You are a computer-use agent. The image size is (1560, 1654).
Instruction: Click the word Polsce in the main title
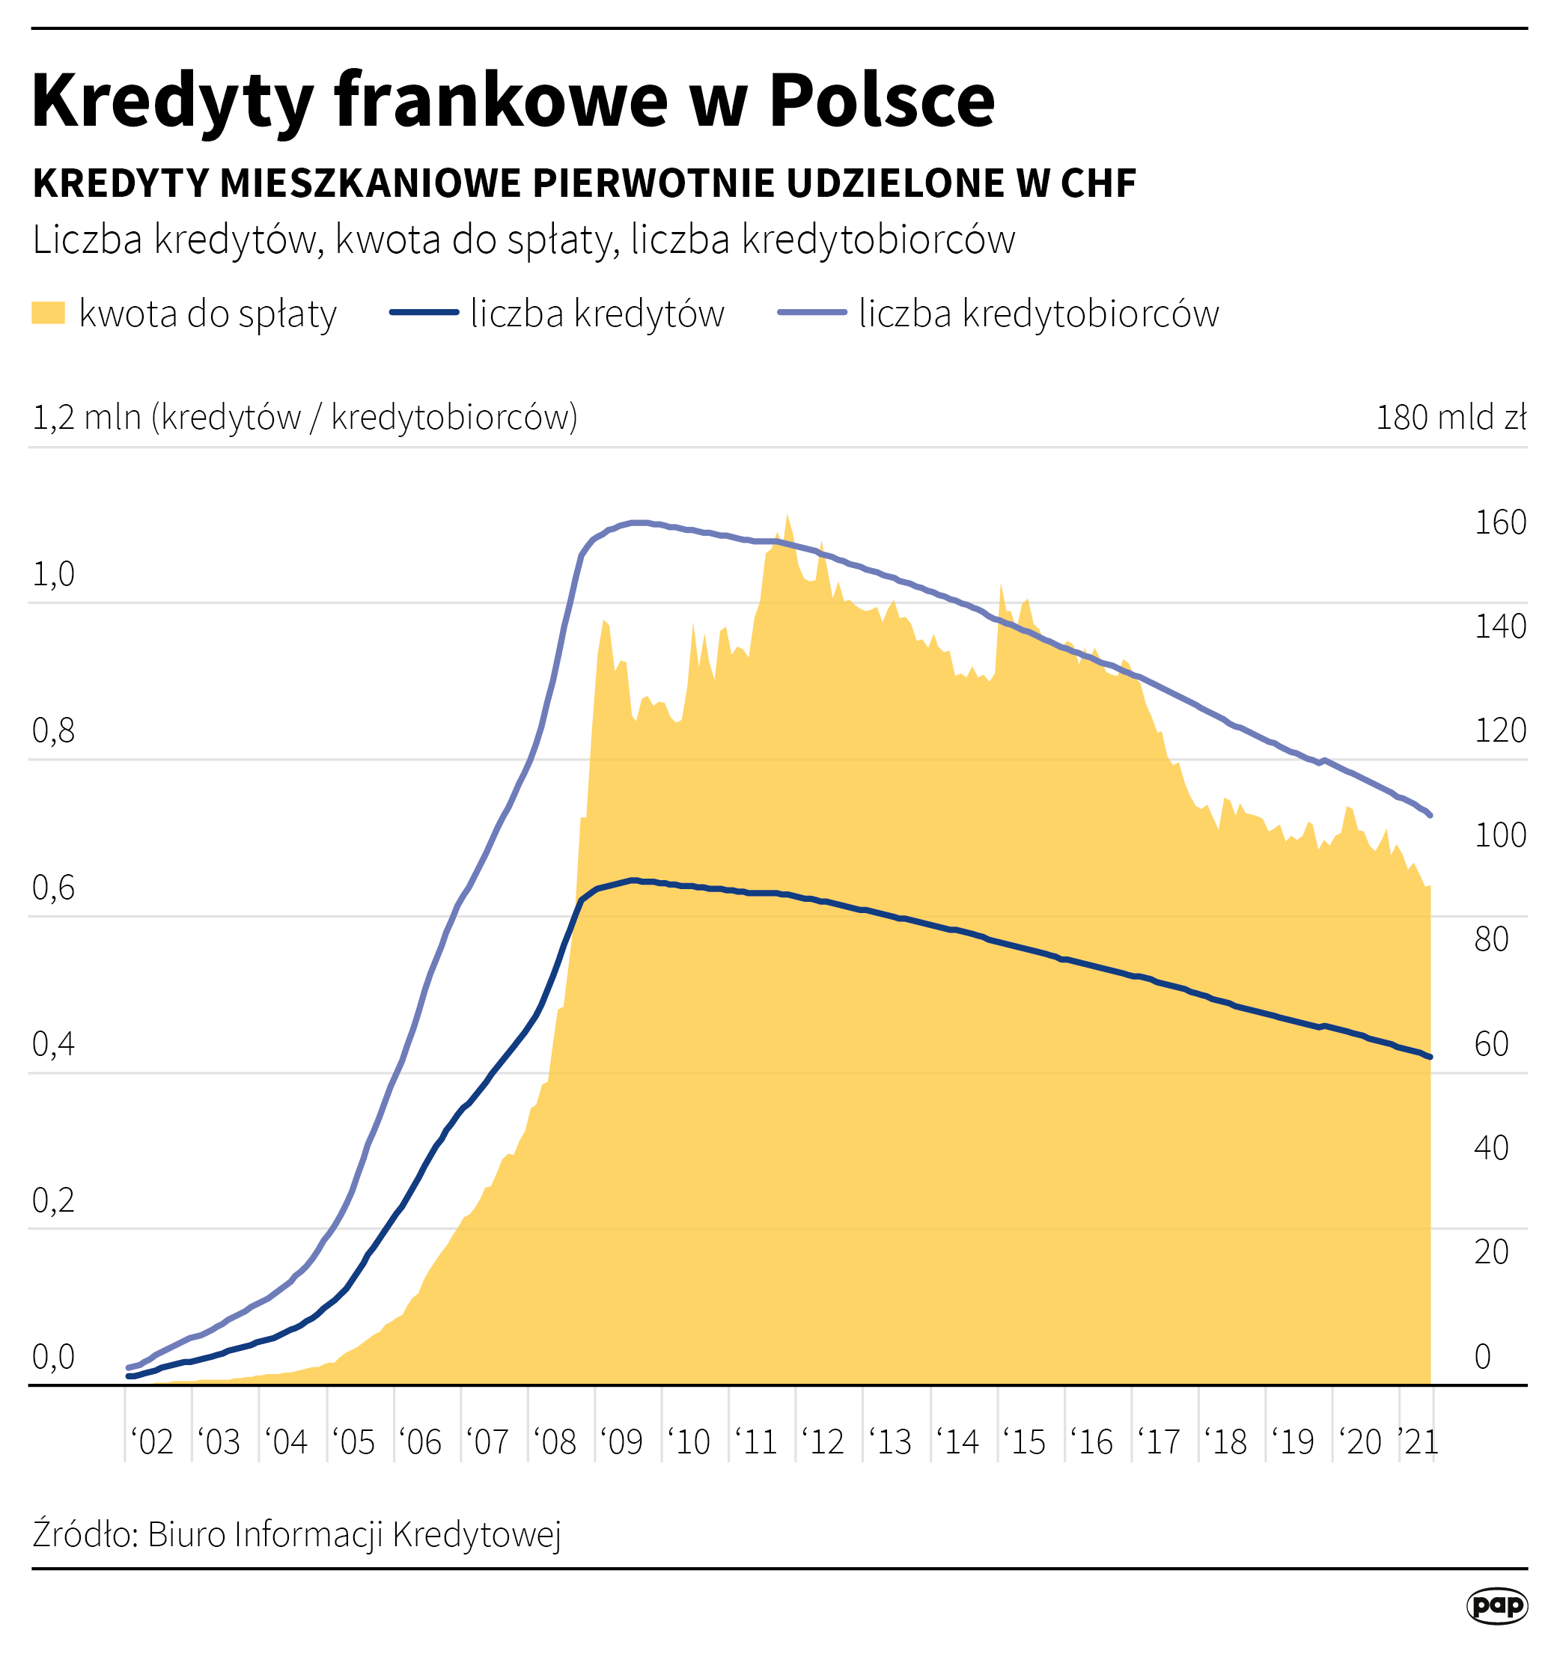click(881, 101)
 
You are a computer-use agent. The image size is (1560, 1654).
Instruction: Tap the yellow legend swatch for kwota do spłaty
click(48, 313)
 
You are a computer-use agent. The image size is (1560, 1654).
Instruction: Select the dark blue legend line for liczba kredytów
click(424, 313)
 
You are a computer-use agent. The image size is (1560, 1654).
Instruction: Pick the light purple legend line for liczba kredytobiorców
click(812, 313)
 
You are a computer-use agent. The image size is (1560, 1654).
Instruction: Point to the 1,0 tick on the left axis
click(53, 574)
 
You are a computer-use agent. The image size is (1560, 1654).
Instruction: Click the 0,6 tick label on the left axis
click(53, 888)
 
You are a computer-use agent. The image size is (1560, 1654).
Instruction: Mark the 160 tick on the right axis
click(1500, 522)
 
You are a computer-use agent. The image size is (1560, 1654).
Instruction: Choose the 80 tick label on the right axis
click(1491, 939)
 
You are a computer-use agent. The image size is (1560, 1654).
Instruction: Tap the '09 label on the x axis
click(621, 1442)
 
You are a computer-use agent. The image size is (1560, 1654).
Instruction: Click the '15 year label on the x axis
click(1024, 1442)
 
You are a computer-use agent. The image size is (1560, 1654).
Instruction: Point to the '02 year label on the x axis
click(152, 1442)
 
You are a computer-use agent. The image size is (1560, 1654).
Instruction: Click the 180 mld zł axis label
click(1451, 418)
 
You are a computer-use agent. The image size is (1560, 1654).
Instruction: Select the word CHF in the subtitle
click(1097, 184)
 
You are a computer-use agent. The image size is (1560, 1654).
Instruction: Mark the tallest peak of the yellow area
click(786, 515)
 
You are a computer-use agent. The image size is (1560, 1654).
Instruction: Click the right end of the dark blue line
click(1429, 1057)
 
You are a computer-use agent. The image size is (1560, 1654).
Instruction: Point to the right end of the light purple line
click(1429, 815)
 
